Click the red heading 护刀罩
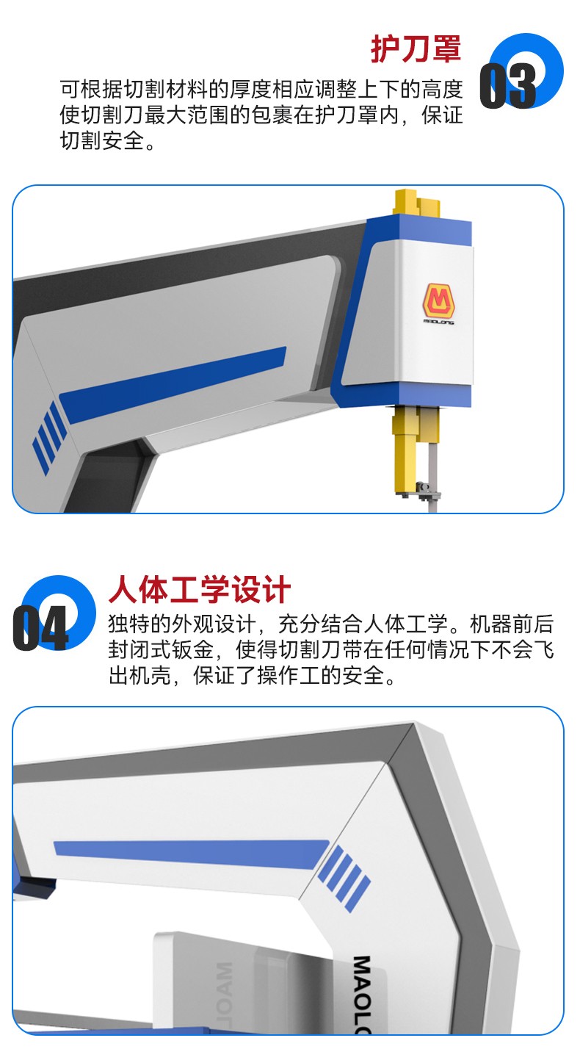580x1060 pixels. (416, 48)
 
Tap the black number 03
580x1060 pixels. (507, 86)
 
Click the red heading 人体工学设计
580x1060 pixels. (200, 590)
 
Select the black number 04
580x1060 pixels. (40, 628)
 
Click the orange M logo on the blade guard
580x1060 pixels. (439, 300)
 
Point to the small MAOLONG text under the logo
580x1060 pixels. (439, 321)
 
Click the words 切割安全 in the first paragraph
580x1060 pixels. (102, 140)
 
